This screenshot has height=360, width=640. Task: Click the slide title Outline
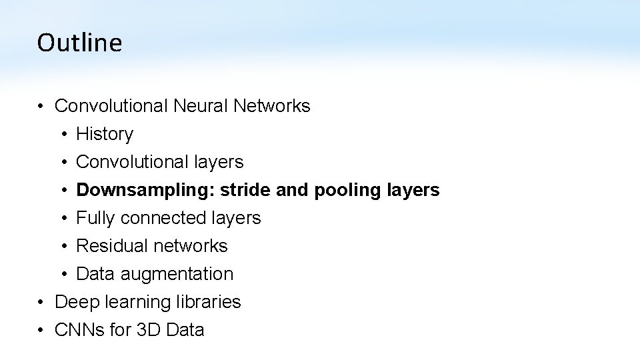coord(79,43)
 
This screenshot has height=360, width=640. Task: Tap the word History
coord(105,134)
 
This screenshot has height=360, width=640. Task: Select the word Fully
coord(95,219)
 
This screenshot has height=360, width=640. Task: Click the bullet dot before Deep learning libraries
coord(41,303)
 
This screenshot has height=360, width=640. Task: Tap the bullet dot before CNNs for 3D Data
coord(41,331)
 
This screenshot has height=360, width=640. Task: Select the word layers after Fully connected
coord(236,219)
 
